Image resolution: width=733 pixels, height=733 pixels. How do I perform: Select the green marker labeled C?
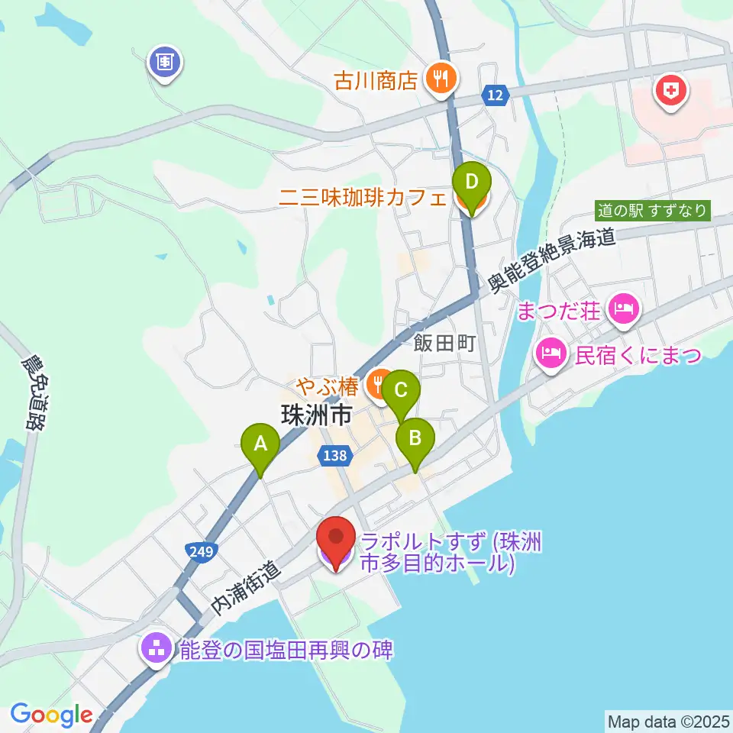[x=400, y=392]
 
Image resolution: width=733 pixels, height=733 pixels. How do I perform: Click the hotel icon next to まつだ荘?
[x=624, y=309]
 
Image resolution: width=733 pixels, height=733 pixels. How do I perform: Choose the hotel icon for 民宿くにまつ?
[x=551, y=353]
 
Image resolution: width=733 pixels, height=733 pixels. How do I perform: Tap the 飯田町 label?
[x=444, y=344]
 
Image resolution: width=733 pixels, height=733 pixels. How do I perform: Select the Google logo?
[x=51, y=715]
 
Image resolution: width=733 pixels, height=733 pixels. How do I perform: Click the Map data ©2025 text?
[x=667, y=720]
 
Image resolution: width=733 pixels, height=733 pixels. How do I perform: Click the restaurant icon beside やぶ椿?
[x=376, y=383]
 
